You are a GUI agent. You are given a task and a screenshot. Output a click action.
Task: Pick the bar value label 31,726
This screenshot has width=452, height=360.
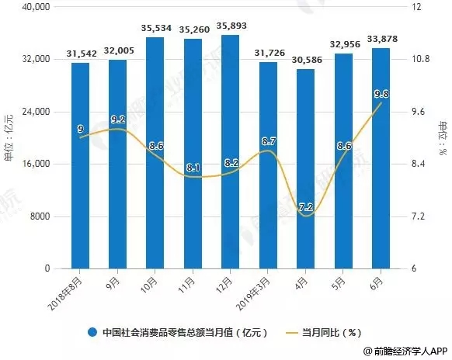point(268,54)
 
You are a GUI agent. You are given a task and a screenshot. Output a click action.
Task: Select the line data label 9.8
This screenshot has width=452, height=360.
point(380,94)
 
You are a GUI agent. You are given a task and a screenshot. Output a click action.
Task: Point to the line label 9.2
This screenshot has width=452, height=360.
point(117,119)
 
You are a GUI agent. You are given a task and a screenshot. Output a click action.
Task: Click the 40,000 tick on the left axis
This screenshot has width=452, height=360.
point(36,7)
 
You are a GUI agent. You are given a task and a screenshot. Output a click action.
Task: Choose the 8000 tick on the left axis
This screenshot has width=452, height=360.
point(39,216)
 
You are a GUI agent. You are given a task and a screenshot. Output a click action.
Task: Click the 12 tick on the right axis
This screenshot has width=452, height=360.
point(412,7)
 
